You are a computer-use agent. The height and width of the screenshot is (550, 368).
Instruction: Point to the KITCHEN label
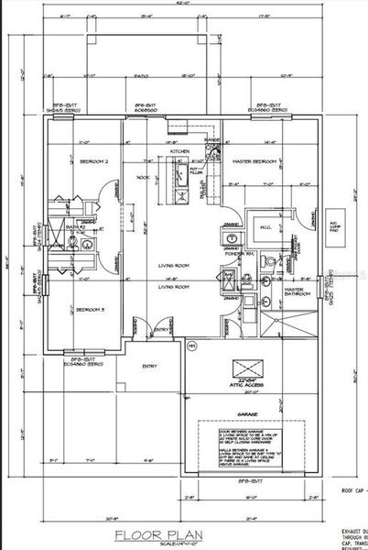(x=179, y=151)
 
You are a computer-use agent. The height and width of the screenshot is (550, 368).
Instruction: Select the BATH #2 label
(x=74, y=226)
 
